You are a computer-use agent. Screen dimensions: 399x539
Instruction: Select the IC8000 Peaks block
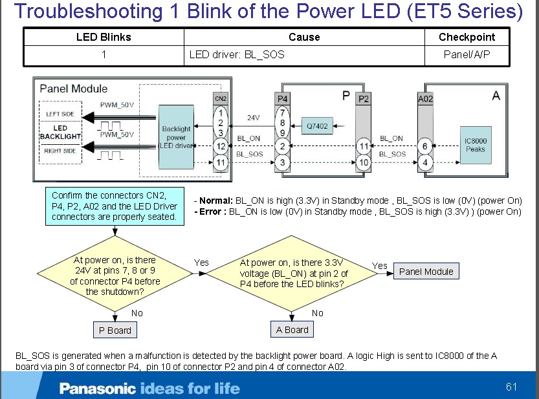(475, 144)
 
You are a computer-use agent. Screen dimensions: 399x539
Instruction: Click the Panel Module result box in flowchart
(426, 272)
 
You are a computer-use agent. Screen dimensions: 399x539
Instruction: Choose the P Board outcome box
(115, 330)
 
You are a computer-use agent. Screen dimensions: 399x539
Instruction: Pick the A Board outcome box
(292, 329)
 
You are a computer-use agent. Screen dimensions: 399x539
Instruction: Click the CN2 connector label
(221, 99)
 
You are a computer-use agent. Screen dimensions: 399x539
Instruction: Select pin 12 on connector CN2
(221, 146)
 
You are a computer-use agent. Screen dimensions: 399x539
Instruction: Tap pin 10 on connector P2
(364, 162)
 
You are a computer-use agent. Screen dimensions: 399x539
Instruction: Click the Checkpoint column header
(467, 37)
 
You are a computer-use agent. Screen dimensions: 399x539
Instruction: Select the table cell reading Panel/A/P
(467, 54)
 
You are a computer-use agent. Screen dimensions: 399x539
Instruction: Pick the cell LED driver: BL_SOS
(237, 54)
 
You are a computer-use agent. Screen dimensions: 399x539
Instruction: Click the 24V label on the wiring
(254, 118)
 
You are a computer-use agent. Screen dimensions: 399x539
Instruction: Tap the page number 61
(512, 387)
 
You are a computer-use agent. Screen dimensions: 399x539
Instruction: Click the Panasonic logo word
(98, 389)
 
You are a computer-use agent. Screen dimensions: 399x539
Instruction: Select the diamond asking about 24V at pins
(115, 276)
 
